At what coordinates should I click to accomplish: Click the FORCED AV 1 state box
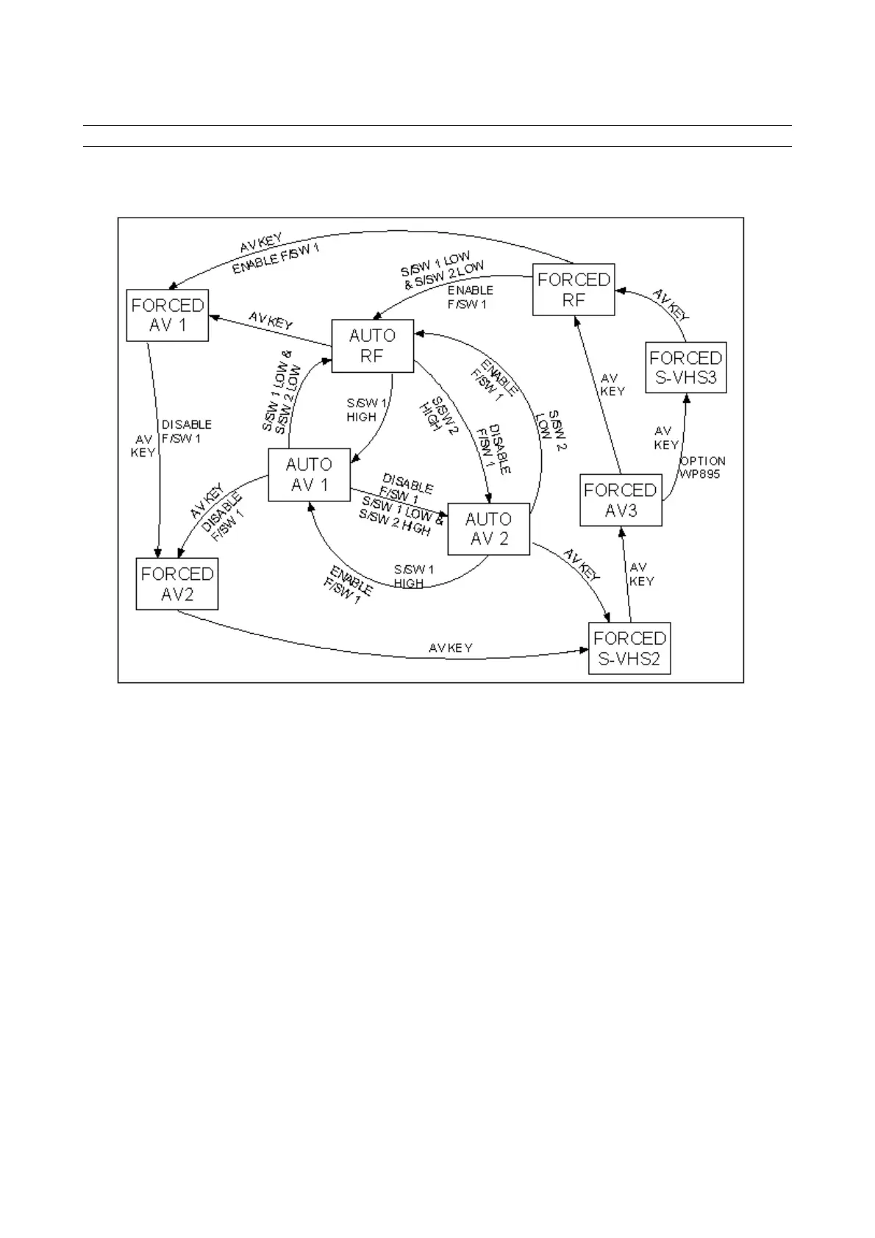pos(168,315)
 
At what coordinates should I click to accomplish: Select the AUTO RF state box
pos(372,346)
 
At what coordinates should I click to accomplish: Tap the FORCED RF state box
pos(574,290)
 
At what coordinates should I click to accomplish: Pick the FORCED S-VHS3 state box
pos(685,368)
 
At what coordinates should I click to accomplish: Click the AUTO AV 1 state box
pos(309,475)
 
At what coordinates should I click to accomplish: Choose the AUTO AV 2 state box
pos(488,529)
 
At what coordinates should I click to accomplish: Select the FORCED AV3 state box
pos(621,500)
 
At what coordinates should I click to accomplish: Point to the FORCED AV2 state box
pos(177,584)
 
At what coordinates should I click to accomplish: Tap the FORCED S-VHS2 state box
pos(629,648)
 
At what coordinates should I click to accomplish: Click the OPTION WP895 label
pos(701,468)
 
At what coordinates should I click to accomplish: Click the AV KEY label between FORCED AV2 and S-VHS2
pos(450,648)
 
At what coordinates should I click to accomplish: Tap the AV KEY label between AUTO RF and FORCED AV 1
pos(271,321)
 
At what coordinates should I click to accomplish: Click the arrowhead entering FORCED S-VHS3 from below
pos(687,398)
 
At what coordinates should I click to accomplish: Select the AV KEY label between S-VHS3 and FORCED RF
pos(671,305)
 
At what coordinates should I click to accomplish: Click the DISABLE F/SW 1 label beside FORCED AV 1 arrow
pos(186,432)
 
